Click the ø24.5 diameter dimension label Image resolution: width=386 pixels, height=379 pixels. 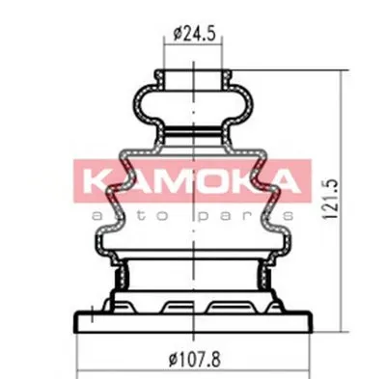click(194, 33)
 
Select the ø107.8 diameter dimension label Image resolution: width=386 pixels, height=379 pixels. click(195, 360)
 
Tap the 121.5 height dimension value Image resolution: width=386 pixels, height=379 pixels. click(330, 200)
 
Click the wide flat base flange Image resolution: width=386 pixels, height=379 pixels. click(193, 321)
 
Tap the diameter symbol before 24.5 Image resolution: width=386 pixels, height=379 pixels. click(178, 34)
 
